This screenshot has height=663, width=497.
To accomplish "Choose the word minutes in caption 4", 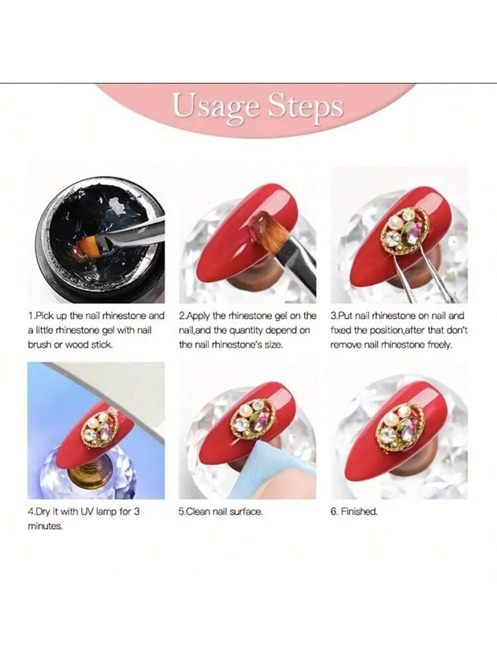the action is [45, 526].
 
